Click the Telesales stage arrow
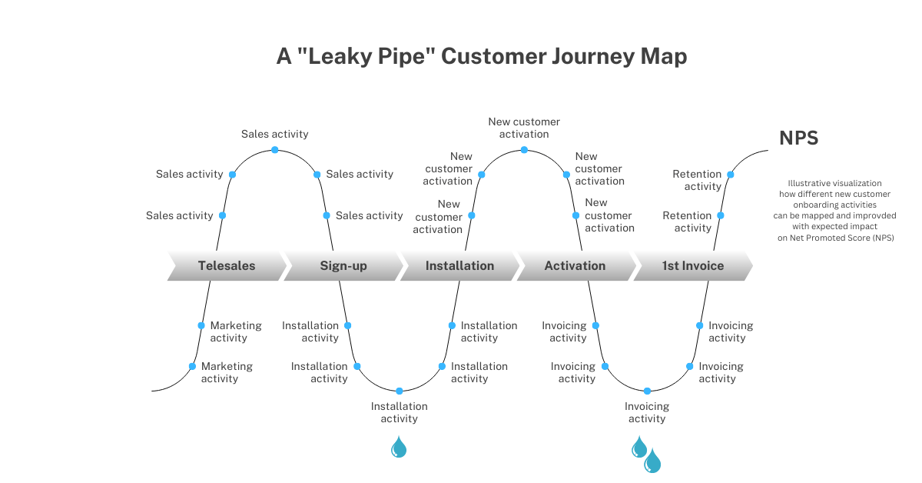pyautogui.click(x=227, y=266)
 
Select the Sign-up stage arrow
pyautogui.click(x=343, y=266)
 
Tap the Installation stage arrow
pyautogui.click(x=459, y=266)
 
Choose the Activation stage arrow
pyautogui.click(x=575, y=266)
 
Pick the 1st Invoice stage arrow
pyautogui.click(x=693, y=266)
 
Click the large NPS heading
pyautogui.click(x=799, y=138)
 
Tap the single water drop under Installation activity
pyautogui.click(x=399, y=447)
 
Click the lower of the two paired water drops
pyautogui.click(x=652, y=461)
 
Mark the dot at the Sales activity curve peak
pyautogui.click(x=274, y=150)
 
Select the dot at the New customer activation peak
pyautogui.click(x=525, y=149)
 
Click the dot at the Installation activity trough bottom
pyautogui.click(x=399, y=391)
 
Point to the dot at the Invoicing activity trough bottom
pyautogui.click(x=647, y=391)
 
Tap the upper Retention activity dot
pyautogui.click(x=730, y=175)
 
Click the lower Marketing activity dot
pyautogui.click(x=192, y=366)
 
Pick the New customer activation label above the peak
pyautogui.click(x=524, y=128)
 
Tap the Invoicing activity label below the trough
pyautogui.click(x=647, y=412)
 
